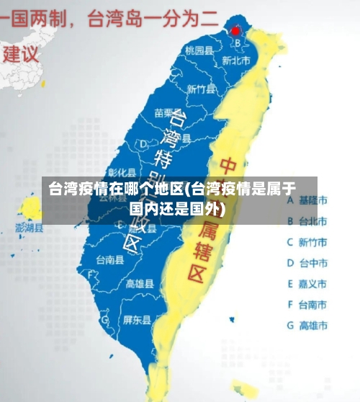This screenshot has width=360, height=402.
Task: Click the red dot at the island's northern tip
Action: (235, 31)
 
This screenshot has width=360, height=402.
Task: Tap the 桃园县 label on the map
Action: (199, 50)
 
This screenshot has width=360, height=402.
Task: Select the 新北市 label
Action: (235, 61)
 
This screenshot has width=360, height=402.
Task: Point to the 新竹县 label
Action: (201, 89)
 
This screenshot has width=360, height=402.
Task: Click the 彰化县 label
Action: (122, 172)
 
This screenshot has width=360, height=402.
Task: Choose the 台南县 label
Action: (110, 259)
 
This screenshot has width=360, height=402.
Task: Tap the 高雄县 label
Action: (140, 283)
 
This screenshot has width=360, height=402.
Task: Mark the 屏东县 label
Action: (137, 319)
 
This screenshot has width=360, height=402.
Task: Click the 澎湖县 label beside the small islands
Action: (30, 228)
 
